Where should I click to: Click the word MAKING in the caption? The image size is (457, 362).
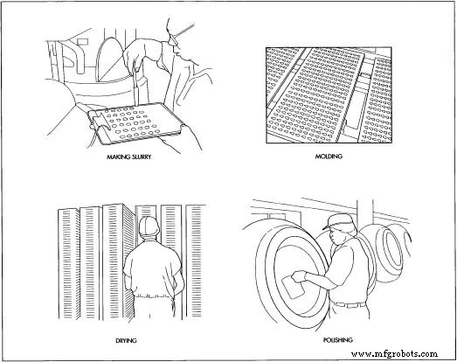(x=117, y=157)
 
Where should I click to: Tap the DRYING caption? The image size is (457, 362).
(x=126, y=340)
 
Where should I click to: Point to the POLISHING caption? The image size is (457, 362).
(x=338, y=340)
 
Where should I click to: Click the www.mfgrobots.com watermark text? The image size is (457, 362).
(x=394, y=354)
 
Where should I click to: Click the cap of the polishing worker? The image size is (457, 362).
(x=338, y=221)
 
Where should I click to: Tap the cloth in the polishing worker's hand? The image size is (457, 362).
(x=293, y=288)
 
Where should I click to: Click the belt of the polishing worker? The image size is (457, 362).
(x=350, y=304)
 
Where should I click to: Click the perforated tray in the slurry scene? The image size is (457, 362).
(x=136, y=124)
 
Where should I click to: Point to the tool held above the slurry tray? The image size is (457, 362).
(x=136, y=86)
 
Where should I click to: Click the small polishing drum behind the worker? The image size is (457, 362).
(x=391, y=248)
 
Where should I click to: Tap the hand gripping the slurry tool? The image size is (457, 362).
(x=134, y=55)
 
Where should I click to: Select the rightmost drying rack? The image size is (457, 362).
(x=194, y=261)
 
